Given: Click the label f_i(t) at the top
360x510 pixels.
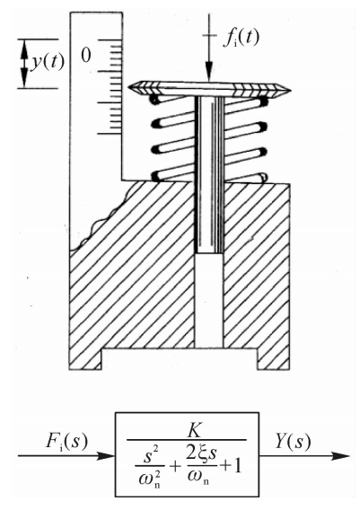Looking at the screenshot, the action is tap(241, 39).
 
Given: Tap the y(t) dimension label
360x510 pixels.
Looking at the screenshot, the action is tap(48, 62).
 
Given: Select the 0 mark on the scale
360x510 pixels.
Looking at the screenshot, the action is tap(86, 56).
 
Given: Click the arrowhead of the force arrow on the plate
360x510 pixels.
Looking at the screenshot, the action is tap(208, 73).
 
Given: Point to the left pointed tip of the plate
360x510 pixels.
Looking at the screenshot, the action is tap(128, 87).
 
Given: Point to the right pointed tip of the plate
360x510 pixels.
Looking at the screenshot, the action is tap(290, 90).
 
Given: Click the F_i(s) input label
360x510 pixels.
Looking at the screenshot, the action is tap(66, 442).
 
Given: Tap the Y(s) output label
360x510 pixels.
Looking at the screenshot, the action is tap(293, 442).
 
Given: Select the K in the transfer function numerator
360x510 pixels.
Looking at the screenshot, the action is tap(195, 430).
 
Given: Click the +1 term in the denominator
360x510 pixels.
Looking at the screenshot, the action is tap(231, 467).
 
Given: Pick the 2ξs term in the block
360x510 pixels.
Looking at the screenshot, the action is tap(201, 454).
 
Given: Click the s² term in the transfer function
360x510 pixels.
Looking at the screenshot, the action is tap(150, 456).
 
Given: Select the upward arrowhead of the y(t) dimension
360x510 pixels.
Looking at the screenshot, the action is tap(24, 48).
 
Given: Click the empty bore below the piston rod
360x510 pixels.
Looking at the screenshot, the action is tap(209, 300).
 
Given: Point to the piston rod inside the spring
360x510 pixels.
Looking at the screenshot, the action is tap(209, 175).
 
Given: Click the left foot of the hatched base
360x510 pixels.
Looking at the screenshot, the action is tap(85, 359).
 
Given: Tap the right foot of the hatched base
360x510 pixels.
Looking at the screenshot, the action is tap(274, 359).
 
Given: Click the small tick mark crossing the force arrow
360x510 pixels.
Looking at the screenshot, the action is tap(209, 35).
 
